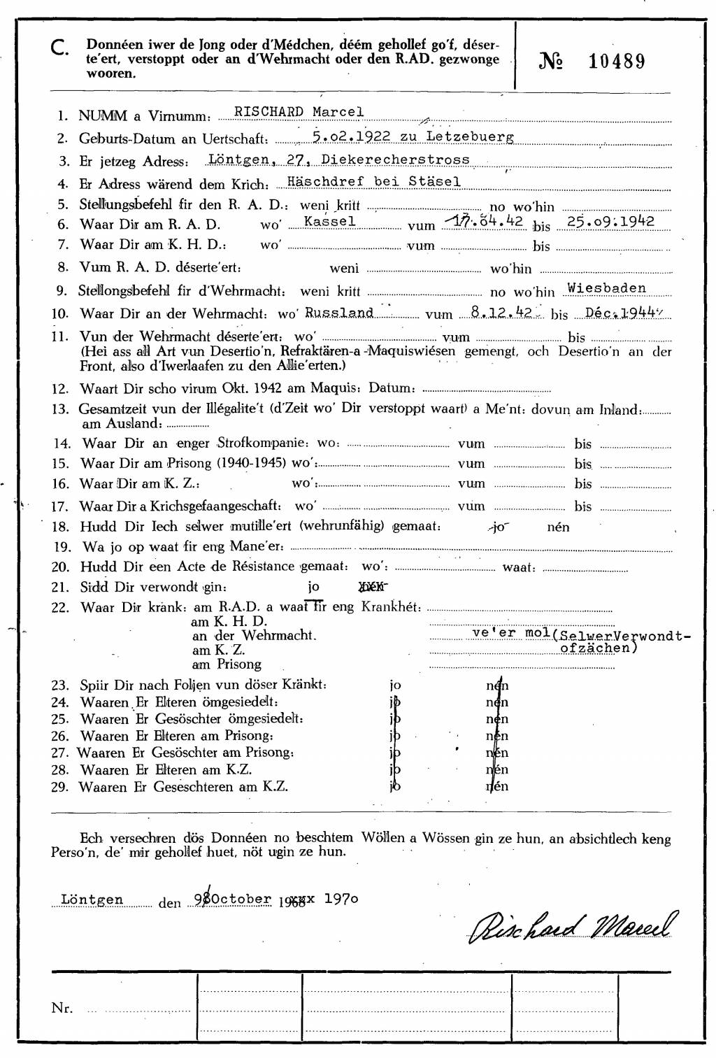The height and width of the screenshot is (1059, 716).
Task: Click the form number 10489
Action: click(x=616, y=62)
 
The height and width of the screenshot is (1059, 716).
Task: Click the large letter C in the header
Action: click(x=59, y=48)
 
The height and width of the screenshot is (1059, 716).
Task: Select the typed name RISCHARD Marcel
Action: click(x=299, y=112)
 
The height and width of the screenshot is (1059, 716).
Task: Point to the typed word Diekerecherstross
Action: click(x=395, y=159)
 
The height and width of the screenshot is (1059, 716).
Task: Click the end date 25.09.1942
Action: click(x=610, y=221)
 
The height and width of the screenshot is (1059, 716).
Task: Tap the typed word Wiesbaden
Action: click(x=606, y=287)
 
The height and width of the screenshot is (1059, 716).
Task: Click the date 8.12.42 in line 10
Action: click(x=501, y=312)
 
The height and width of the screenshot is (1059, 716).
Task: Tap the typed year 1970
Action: click(x=341, y=899)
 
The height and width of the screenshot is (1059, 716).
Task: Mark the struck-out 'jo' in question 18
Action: click(x=497, y=527)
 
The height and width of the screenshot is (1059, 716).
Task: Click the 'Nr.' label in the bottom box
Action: click(x=62, y=1008)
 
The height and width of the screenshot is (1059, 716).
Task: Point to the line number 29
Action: click(x=60, y=787)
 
